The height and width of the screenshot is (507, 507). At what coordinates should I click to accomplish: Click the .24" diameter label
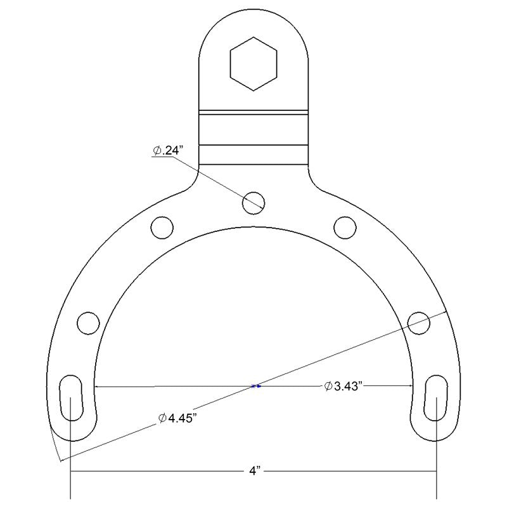[x=168, y=151]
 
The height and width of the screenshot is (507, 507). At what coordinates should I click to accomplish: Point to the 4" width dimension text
[x=253, y=472]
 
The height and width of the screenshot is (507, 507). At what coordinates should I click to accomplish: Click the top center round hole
[x=253, y=202]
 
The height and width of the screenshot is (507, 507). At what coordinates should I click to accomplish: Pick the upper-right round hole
[x=345, y=226]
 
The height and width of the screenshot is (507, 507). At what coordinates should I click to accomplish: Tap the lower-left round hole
[x=88, y=322]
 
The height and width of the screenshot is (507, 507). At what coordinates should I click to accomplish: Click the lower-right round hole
[x=419, y=322]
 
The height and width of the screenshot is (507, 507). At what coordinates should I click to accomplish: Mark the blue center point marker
[x=255, y=386]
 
